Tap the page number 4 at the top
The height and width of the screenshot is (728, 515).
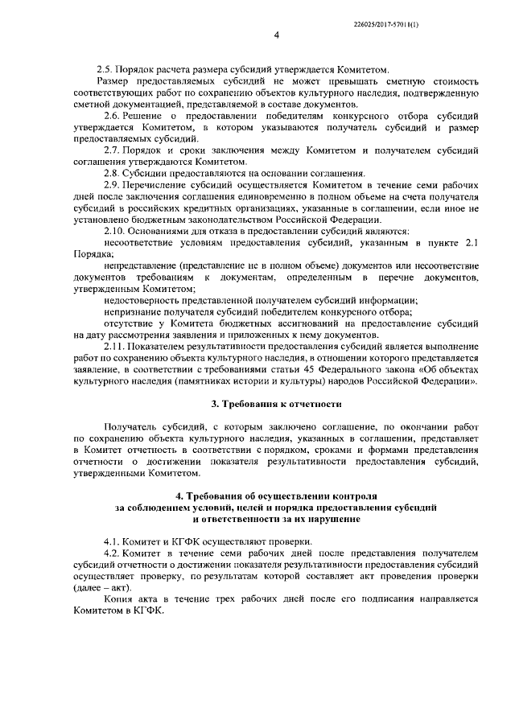(x=276, y=35)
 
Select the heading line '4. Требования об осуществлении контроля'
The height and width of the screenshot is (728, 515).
(x=276, y=498)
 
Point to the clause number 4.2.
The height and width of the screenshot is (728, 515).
(x=113, y=555)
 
